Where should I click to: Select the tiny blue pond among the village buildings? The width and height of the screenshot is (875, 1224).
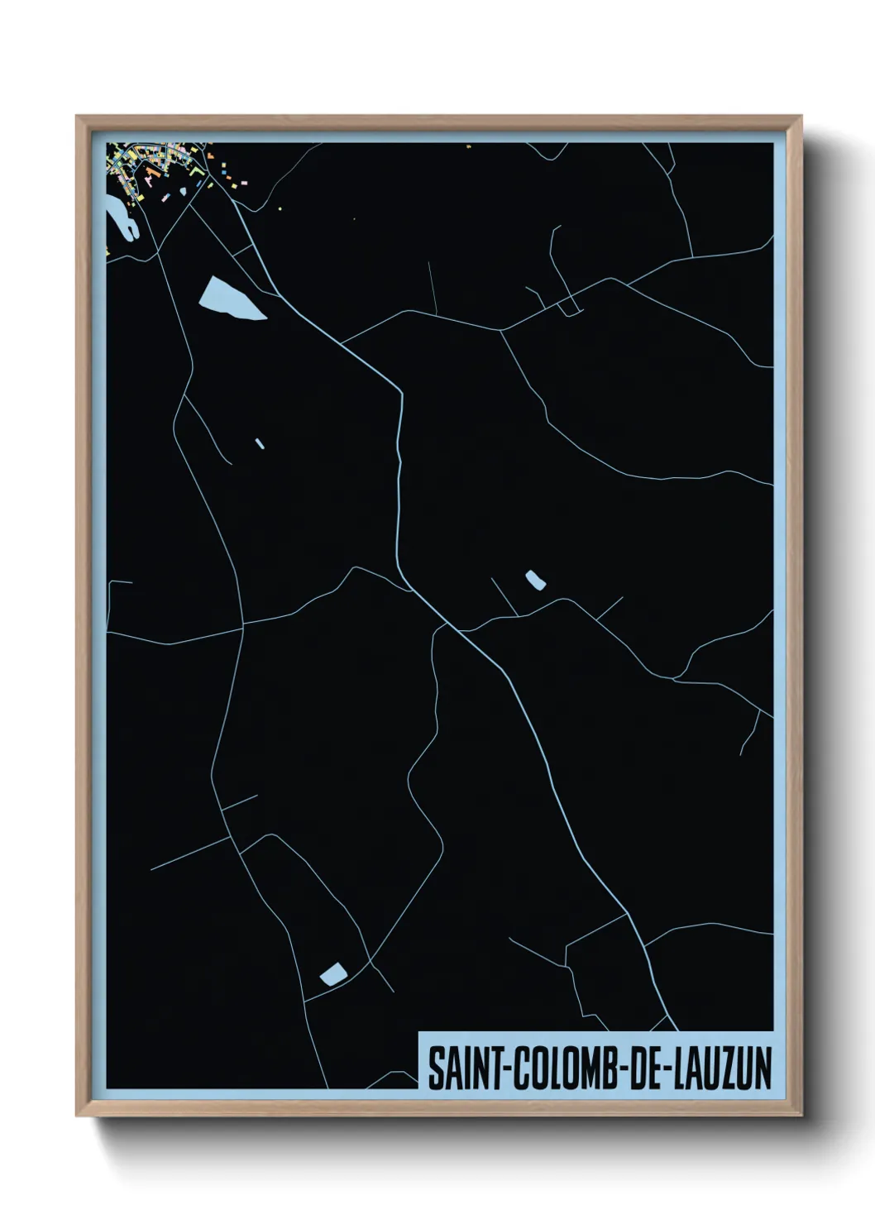pyautogui.click(x=183, y=192)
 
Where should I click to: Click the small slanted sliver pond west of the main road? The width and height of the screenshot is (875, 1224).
pyautogui.click(x=260, y=443)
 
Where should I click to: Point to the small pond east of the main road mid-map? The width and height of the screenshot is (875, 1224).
pyautogui.click(x=535, y=581)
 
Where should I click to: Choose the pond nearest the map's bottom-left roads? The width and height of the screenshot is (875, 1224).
pyautogui.click(x=332, y=973)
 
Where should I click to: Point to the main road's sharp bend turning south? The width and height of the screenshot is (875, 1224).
pyautogui.click(x=400, y=389)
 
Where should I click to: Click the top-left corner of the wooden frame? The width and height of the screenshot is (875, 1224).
pyautogui.click(x=77, y=117)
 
